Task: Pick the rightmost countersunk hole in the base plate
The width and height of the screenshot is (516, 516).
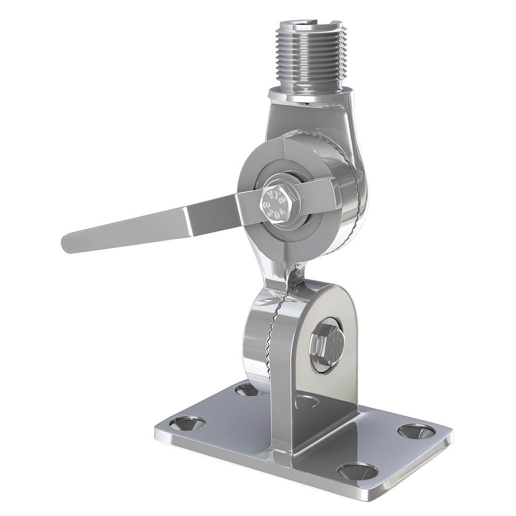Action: [416, 431]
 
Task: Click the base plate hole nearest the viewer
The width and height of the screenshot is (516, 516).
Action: [358, 471]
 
